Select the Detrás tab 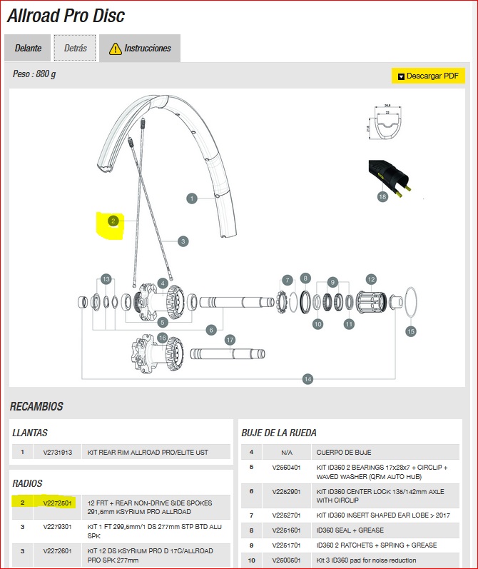tap(75, 49)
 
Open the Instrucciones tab tap(140, 49)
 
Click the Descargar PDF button tap(428, 76)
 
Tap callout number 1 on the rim tap(191, 198)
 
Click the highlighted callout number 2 tap(113, 221)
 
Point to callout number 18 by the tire tap(382, 197)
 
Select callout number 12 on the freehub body tap(371, 279)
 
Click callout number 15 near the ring tap(410, 331)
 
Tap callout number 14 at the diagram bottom tap(308, 379)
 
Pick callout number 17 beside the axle tap(230, 341)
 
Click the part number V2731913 tap(57, 452)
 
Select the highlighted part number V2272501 tap(57, 503)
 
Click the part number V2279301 tap(57, 527)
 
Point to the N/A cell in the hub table tap(285, 452)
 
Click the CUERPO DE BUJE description tap(344, 452)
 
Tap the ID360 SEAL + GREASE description tap(350, 530)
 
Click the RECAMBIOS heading tap(36, 407)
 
